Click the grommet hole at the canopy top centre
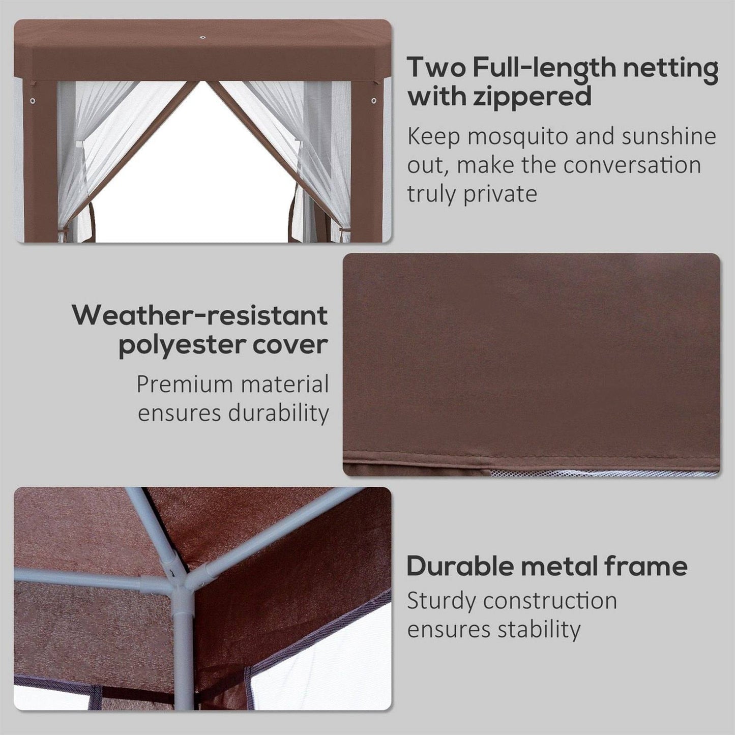coord(202,38)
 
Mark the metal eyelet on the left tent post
coord(33,101)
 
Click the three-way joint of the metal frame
coord(182,580)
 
